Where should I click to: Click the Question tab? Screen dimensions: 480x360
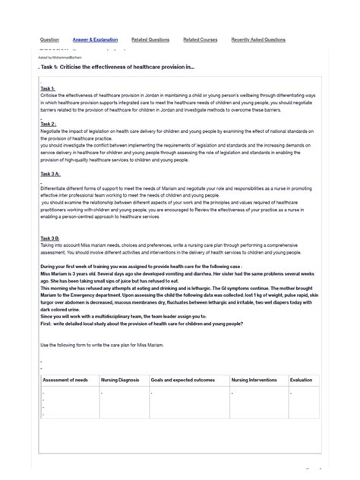pos(49,39)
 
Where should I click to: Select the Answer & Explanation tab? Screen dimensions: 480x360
pos(95,39)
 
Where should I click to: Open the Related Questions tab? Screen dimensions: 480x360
pos(150,39)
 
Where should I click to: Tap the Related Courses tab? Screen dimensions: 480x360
pos(201,39)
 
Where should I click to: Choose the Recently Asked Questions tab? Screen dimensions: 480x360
pos(258,39)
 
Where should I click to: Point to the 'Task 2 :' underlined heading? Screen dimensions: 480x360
pos(49,124)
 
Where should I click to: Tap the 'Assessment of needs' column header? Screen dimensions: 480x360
pos(65,380)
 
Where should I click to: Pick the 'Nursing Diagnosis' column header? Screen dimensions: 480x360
pos(122,380)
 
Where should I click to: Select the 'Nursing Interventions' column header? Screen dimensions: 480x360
pos(256,380)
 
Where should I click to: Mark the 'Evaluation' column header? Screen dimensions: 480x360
pos(301,380)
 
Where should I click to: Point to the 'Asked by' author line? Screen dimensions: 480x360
pos(60,57)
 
